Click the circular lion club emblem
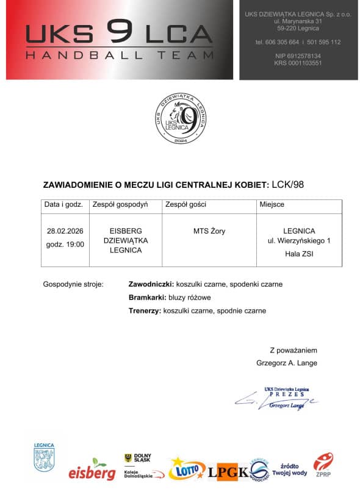(179, 118)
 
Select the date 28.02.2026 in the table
(65, 231)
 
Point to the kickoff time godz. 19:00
(65, 244)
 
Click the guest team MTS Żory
(209, 231)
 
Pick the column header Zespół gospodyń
(120, 204)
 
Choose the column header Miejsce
(272, 204)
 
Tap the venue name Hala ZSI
(299, 254)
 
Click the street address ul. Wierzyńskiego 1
(299, 242)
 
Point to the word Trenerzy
(144, 310)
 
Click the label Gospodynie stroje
(73, 284)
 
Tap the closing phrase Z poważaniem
(293, 350)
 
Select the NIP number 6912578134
(298, 55)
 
